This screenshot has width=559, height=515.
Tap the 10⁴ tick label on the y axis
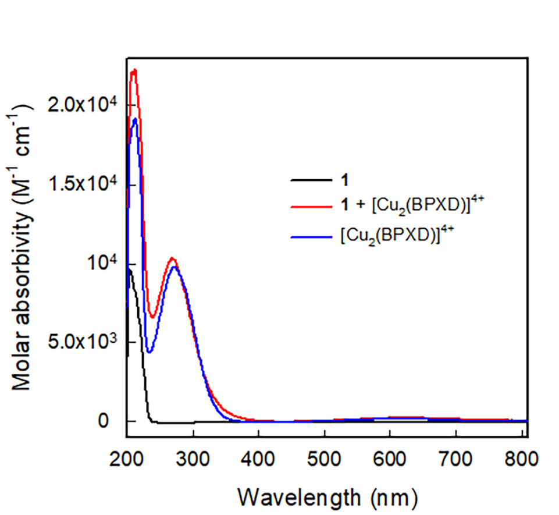click(105, 264)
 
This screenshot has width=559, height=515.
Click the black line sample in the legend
click(311, 181)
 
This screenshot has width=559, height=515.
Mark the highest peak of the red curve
click(134, 70)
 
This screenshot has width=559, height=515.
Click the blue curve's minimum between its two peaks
click(149, 351)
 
